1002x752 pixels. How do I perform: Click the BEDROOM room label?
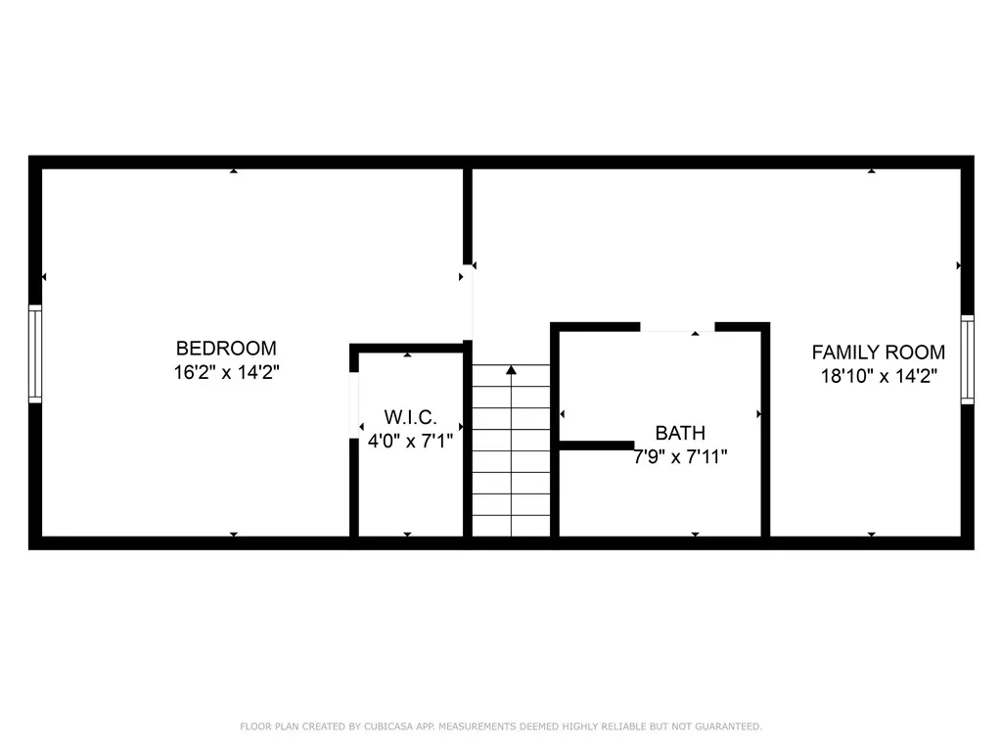[x=226, y=348]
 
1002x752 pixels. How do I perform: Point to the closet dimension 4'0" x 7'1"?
[x=409, y=441]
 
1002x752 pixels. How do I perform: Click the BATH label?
[x=680, y=432]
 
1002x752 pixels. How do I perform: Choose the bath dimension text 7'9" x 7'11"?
[x=680, y=456]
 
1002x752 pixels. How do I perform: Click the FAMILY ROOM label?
[x=879, y=352]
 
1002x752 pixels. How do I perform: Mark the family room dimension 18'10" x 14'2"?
[x=879, y=377]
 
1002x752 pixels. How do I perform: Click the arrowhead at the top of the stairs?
[x=511, y=370]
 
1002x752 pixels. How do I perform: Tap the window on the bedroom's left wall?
[x=35, y=353]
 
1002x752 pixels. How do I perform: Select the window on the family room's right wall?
[x=967, y=359]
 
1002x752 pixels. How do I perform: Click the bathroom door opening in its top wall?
[x=677, y=327]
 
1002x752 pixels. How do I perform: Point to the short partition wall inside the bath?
[x=596, y=446]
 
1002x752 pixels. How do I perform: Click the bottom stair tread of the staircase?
[x=511, y=527]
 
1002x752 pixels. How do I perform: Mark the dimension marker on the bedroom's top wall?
[x=233, y=171]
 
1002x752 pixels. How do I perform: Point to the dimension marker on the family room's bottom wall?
[x=871, y=534]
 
